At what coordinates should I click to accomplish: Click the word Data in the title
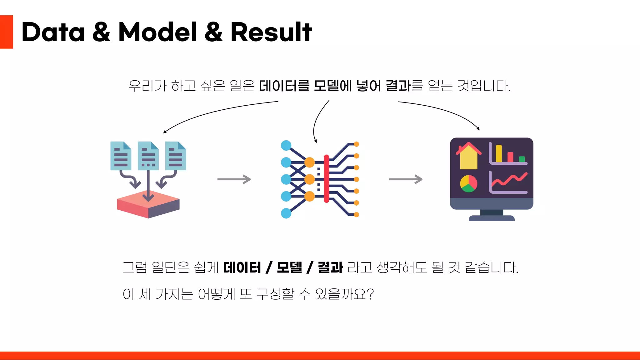click(53, 32)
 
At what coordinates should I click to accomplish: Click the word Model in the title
click(157, 32)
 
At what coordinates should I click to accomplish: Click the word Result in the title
click(271, 32)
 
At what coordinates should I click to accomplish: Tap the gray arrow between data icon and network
click(234, 179)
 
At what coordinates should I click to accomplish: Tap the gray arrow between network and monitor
click(406, 179)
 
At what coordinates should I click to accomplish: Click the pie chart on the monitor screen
click(468, 183)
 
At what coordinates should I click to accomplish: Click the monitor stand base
click(492, 218)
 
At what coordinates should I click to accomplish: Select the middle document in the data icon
click(148, 156)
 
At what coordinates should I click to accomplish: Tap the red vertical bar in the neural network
click(326, 179)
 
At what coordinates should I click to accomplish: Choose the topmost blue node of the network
click(286, 145)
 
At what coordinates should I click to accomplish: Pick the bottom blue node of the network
click(286, 213)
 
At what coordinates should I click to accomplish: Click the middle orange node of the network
click(309, 179)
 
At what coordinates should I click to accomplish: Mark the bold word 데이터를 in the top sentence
click(284, 86)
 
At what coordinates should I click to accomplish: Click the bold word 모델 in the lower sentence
click(289, 267)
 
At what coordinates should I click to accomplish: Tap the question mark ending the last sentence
click(370, 294)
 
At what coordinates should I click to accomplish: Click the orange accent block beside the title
click(6, 32)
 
